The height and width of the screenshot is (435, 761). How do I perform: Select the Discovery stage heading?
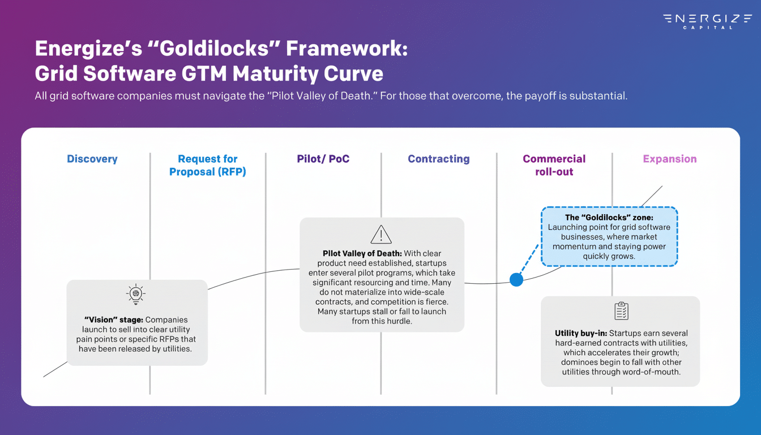(x=92, y=159)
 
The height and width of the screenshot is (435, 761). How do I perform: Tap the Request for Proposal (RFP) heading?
(x=208, y=165)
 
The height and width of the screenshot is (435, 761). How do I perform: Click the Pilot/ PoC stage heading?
(x=323, y=159)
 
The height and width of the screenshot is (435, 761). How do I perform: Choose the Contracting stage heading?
(x=439, y=159)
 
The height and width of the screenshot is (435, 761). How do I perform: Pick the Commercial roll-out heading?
(x=554, y=165)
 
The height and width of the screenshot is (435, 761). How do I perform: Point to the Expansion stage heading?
(x=670, y=159)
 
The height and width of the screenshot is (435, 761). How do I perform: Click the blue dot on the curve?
(x=516, y=279)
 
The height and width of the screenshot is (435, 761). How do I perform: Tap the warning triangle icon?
(x=381, y=234)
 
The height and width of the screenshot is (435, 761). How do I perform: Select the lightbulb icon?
(x=135, y=295)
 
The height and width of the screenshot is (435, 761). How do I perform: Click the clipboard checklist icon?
(x=621, y=311)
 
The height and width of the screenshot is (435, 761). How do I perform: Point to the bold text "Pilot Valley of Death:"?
(x=362, y=254)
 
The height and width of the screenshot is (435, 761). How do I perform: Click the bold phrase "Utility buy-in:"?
(x=581, y=334)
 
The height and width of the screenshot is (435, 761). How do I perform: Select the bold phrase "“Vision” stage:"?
(x=110, y=320)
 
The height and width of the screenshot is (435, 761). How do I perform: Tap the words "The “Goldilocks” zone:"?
(x=609, y=217)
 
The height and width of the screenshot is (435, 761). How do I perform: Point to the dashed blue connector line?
(x=528, y=261)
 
